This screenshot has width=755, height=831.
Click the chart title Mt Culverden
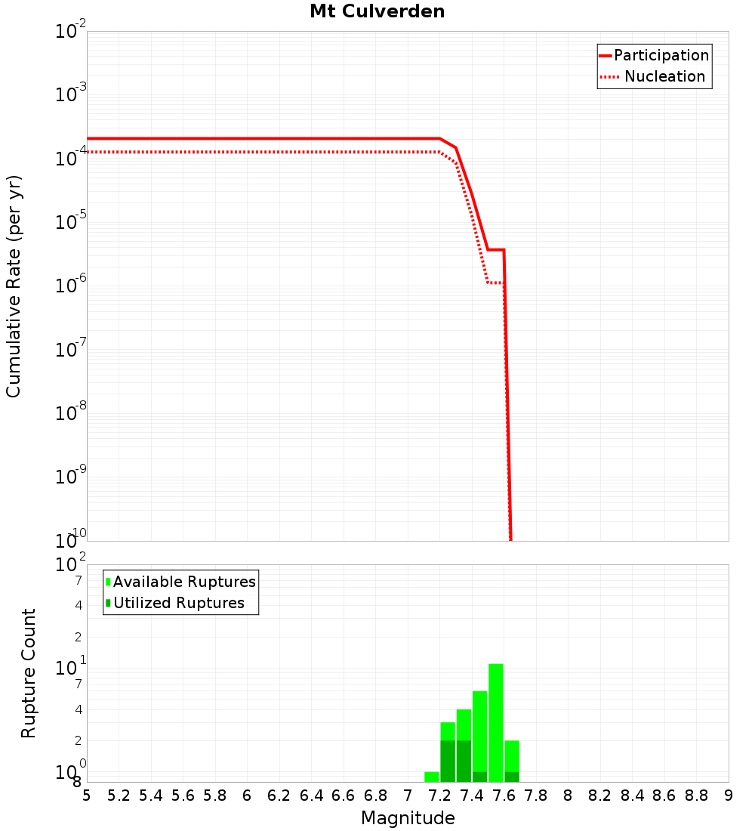(377, 12)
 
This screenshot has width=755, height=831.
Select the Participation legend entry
(661, 55)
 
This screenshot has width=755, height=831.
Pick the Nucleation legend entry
(664, 76)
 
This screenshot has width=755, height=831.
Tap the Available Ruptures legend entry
(184, 582)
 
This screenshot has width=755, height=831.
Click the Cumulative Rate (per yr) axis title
(14, 286)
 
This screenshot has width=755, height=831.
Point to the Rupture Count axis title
(29, 673)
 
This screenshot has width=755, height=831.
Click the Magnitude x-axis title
(408, 818)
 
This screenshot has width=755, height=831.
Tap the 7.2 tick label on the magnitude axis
(440, 796)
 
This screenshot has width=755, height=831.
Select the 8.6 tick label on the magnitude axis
(665, 796)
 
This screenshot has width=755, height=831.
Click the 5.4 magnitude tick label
(151, 796)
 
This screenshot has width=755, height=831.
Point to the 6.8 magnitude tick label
(376, 796)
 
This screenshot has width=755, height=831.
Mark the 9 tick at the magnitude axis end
(729, 796)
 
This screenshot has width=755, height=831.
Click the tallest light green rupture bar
(496, 721)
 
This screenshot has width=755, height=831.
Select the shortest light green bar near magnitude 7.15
(432, 777)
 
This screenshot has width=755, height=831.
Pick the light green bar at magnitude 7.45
(479, 729)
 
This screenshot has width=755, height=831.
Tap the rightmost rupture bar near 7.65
(512, 759)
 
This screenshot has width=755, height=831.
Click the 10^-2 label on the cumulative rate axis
(71, 32)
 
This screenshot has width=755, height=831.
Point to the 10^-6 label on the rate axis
(71, 286)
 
